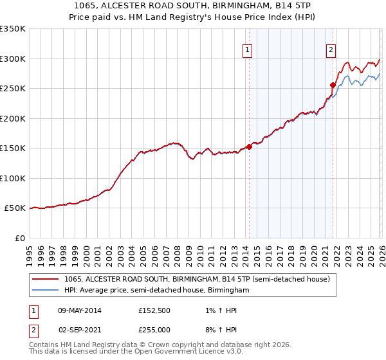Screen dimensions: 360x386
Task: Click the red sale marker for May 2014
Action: pyautogui.click(x=249, y=147)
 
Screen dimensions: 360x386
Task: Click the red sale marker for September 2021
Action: pyautogui.click(x=333, y=85)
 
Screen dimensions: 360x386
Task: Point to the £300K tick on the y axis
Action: pyautogui.click(x=12, y=59)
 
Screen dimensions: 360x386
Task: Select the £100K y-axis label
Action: pyautogui.click(x=12, y=178)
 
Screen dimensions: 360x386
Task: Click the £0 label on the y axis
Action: pyautogui.click(x=19, y=238)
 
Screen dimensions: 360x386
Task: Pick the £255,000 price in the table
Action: pyautogui.click(x=154, y=329)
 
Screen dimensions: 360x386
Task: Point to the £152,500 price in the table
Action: pyautogui.click(x=154, y=310)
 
